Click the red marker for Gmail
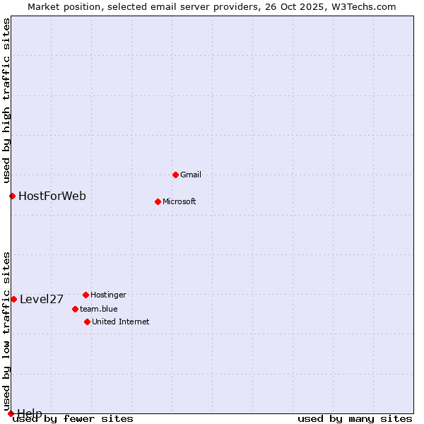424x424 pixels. (175, 175)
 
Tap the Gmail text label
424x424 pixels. (191, 175)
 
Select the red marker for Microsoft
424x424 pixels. (158, 201)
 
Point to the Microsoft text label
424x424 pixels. (179, 201)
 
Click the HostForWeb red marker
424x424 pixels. (12, 196)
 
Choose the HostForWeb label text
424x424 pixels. (52, 196)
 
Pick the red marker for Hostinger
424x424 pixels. (86, 295)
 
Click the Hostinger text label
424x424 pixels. (108, 295)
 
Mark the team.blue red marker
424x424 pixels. (75, 309)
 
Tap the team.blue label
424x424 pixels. (98, 309)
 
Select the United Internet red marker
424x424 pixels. (87, 322)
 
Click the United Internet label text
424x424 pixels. (120, 322)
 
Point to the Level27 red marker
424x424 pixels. (13, 299)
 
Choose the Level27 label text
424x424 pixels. (42, 299)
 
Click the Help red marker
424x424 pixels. (11, 413)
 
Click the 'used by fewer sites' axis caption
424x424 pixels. (73, 419)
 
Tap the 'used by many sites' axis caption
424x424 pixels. (355, 419)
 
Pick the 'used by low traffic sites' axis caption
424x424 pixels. (6, 326)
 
